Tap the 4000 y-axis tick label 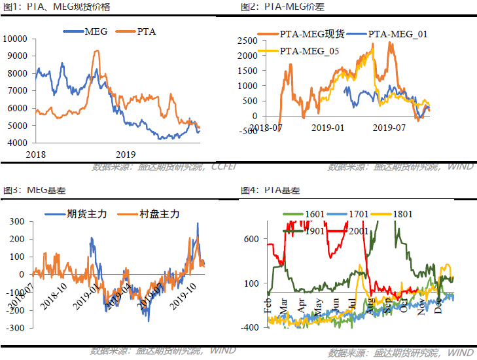17,143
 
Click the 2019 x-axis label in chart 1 126,154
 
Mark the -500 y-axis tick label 250,132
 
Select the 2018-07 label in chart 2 266,127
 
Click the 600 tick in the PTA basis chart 251,239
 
